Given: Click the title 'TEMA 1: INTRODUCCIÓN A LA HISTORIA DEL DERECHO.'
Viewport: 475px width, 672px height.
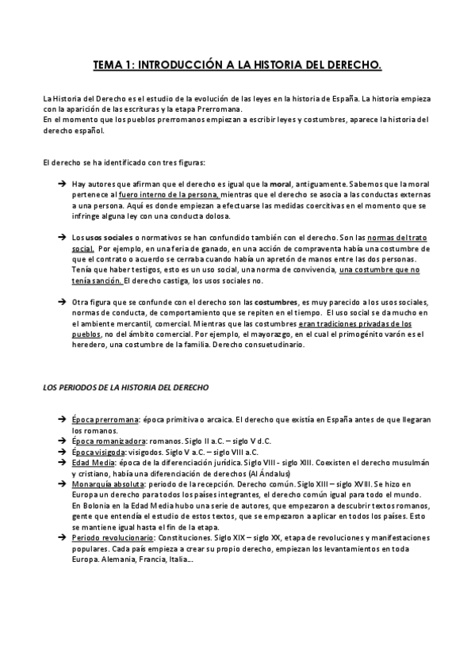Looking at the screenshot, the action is [x=237, y=64].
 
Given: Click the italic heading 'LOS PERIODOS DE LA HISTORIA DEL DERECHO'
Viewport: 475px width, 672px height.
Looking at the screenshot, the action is [x=125, y=388].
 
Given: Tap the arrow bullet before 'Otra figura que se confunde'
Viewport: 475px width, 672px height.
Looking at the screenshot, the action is [x=62, y=303].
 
